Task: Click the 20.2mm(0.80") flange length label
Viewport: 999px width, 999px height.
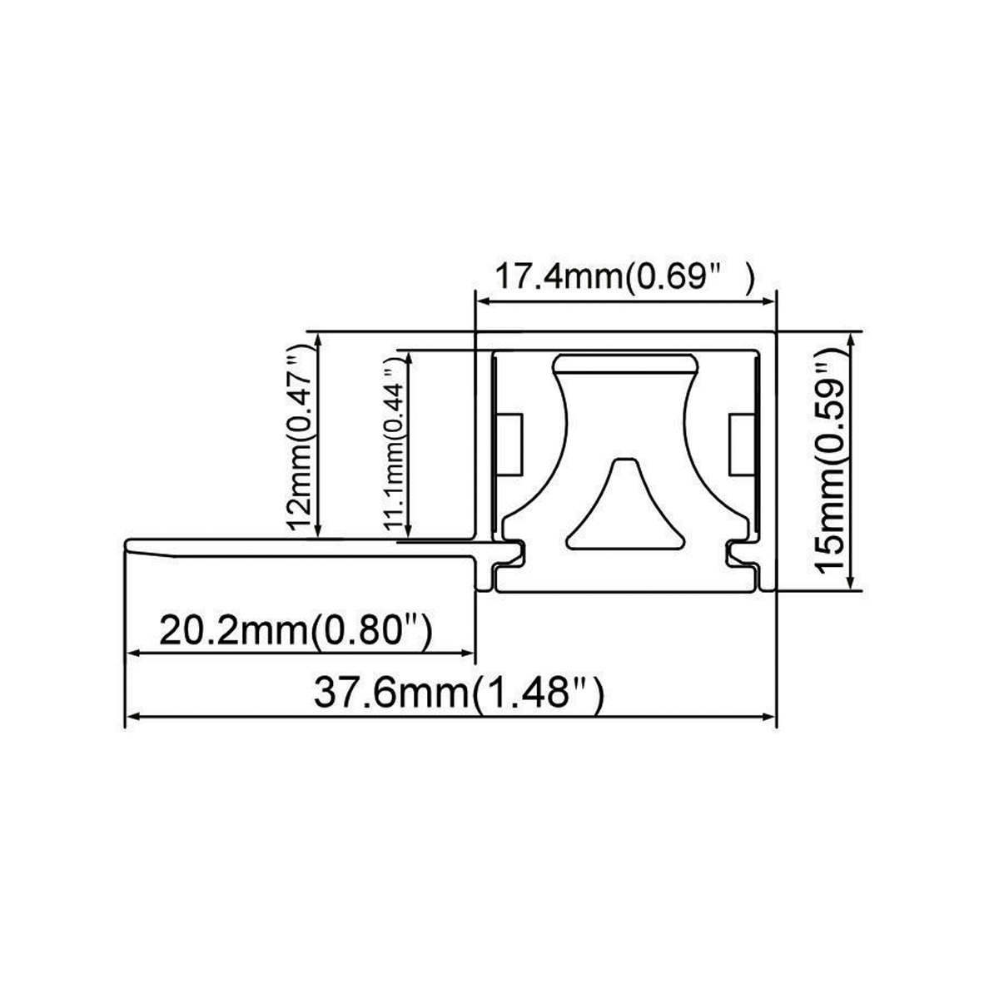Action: click(295, 630)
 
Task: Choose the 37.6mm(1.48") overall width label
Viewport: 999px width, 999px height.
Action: click(458, 693)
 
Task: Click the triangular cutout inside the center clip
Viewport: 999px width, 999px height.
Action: click(625, 508)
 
